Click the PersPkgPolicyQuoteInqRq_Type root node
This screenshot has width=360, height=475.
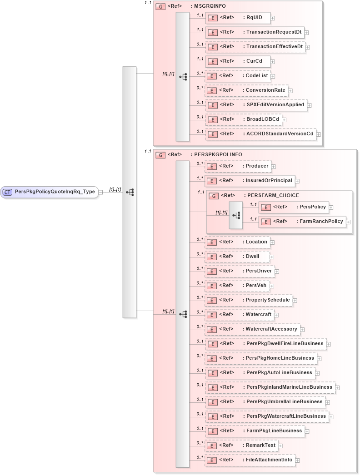click(50, 192)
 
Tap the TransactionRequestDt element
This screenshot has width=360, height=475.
click(255, 32)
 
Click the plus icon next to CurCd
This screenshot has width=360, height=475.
click(272, 61)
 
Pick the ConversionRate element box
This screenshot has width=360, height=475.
click(246, 90)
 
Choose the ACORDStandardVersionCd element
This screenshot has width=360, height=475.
click(260, 134)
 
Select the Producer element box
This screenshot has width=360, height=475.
click(238, 166)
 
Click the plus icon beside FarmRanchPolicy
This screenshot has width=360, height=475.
click(348, 222)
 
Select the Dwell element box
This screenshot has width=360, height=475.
click(237, 257)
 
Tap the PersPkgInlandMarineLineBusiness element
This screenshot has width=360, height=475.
click(270, 387)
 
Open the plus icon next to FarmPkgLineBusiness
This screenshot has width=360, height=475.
click(307, 431)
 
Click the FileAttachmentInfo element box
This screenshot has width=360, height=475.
click(250, 460)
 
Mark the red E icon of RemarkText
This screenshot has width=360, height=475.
click(211, 445)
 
